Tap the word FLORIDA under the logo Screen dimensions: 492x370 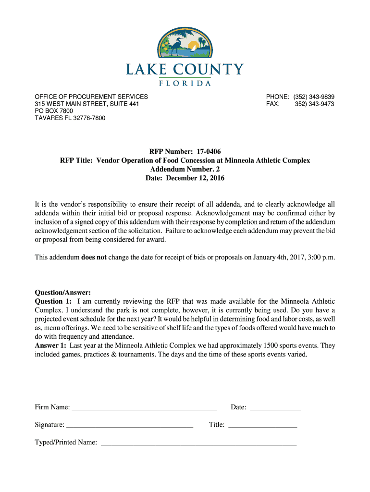click(x=185, y=83)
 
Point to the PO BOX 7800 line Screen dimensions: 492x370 click(x=54, y=111)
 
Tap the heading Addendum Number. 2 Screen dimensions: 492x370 click(x=185, y=169)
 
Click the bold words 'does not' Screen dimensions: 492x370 click(x=94, y=257)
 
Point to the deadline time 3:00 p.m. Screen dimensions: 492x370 click(x=318, y=257)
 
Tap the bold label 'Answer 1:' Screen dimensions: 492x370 click(x=50, y=345)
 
